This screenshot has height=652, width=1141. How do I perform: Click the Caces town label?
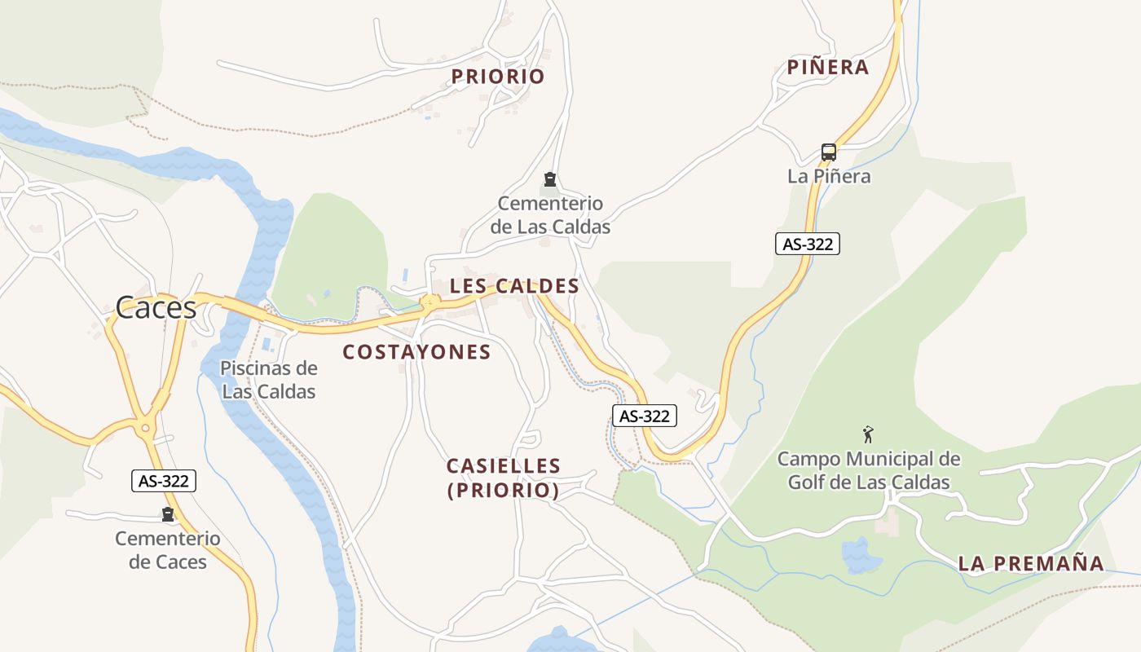pos(156,307)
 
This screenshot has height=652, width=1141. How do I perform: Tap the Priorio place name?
pos(498,77)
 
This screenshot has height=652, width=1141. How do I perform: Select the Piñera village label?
pos(828,68)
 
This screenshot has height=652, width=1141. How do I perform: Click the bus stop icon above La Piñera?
pos(829,152)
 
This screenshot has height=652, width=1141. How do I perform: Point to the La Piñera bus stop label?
pos(829,176)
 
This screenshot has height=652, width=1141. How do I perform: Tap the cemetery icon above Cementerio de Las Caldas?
pos(550,179)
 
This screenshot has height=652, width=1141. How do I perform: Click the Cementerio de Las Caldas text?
pos(550,215)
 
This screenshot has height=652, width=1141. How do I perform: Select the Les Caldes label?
pos(514,286)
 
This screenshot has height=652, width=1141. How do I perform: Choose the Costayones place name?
pos(416,352)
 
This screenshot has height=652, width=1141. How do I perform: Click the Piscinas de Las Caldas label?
pos(269,380)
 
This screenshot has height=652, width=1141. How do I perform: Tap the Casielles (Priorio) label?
pos(504,478)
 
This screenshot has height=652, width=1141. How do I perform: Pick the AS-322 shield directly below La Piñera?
pos(807,244)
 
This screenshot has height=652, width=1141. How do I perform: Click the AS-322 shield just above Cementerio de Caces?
pos(164,481)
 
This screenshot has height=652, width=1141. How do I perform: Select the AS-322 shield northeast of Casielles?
pos(645,416)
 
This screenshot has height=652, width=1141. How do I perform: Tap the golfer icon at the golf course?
pos(868,434)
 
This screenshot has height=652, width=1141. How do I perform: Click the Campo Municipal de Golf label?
pos(869,470)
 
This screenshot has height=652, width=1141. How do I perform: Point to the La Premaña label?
pos(1031,563)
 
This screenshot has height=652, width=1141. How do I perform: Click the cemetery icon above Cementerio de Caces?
pos(168,514)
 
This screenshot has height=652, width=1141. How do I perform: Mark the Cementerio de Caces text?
pos(168,550)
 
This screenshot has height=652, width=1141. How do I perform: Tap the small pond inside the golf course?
pos(861,557)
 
